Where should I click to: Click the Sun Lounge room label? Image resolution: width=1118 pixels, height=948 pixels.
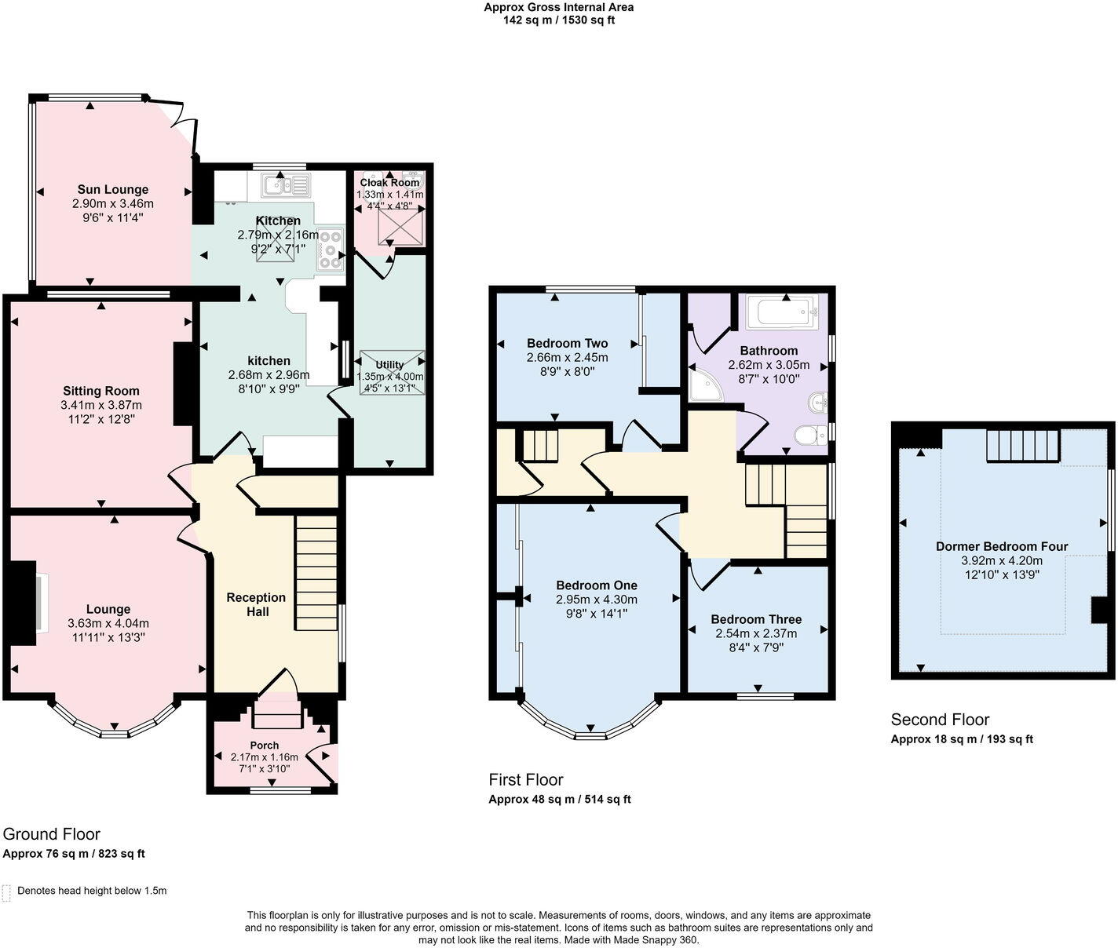[x=112, y=189]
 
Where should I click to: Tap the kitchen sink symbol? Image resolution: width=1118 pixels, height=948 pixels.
[x=286, y=184]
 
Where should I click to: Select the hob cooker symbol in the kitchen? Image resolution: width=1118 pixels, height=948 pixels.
[x=331, y=250]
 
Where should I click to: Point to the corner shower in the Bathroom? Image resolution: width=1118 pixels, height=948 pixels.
[x=706, y=385]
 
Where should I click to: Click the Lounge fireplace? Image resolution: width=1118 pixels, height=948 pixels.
[x=25, y=603]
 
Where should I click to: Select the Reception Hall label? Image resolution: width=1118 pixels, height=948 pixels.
[x=257, y=604]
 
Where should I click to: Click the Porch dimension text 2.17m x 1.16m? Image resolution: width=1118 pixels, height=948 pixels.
[x=264, y=757]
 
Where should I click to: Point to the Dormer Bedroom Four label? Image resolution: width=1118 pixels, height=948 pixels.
[x=1002, y=546]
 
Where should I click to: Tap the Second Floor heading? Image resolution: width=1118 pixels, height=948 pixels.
[x=940, y=720]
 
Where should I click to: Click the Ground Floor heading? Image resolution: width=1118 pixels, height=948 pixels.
[x=51, y=834]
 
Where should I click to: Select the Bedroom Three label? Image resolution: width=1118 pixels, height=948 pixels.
[x=756, y=619]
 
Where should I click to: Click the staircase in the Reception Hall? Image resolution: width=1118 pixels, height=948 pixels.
[x=316, y=573]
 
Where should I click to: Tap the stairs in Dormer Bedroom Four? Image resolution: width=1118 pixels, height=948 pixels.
[x=1023, y=446]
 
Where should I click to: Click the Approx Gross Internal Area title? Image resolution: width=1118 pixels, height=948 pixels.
[x=559, y=8]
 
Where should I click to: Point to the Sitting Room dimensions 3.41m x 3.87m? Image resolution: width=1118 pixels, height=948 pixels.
[x=101, y=405]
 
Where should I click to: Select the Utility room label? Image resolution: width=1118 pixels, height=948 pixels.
[x=389, y=364]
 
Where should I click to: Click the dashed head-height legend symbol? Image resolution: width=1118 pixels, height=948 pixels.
[x=6, y=893]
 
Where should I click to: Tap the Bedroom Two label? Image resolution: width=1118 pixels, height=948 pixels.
[x=568, y=344]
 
